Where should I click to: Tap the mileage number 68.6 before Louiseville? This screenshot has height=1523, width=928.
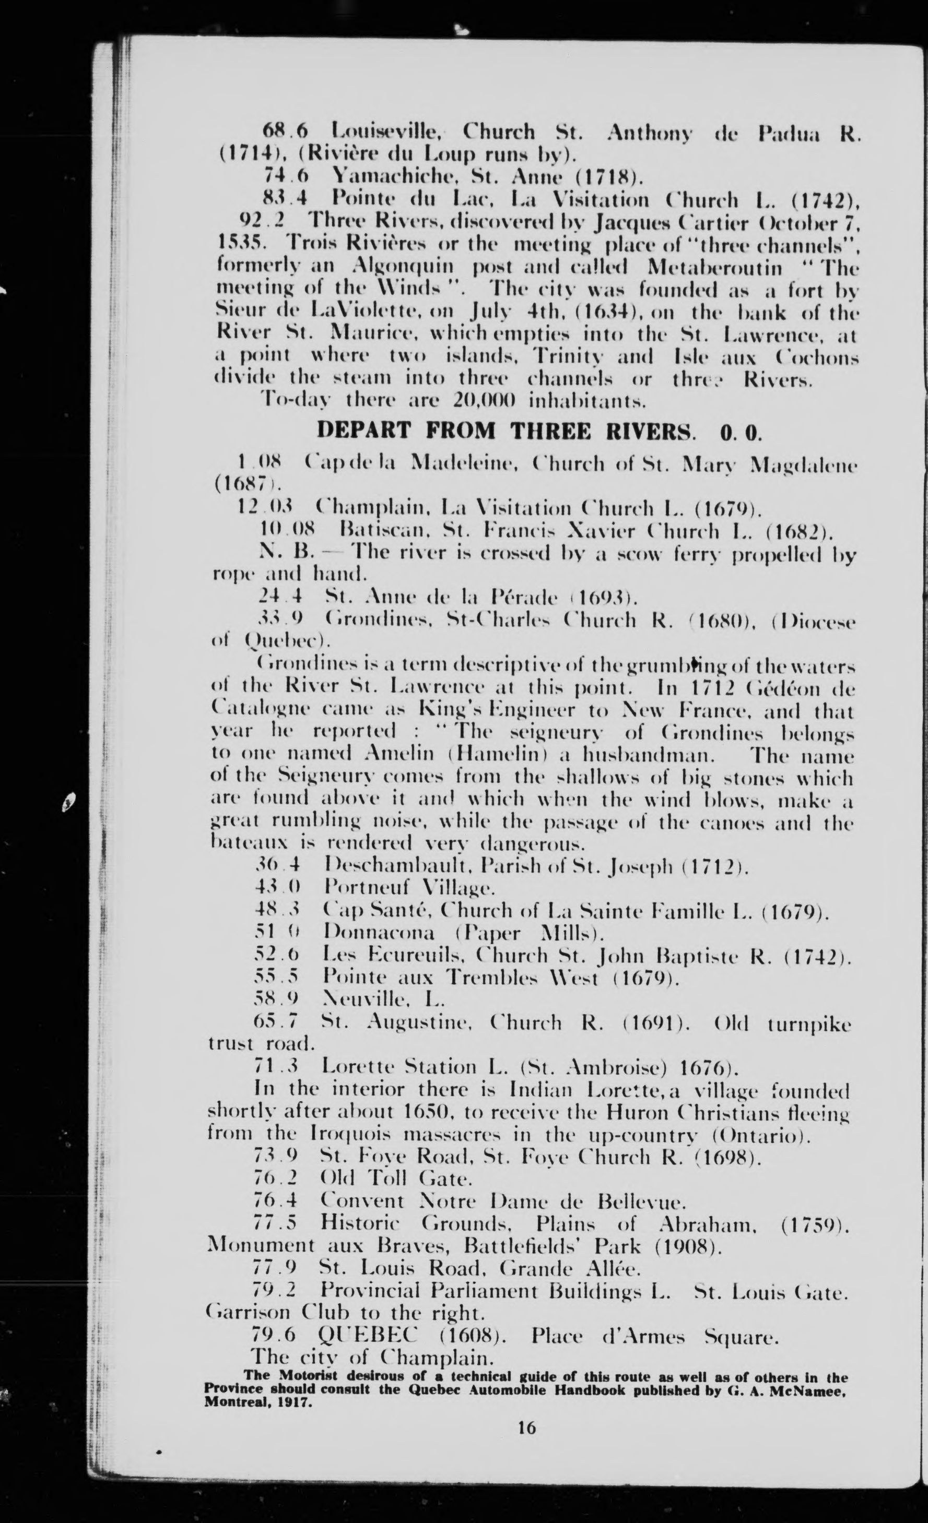coord(285,131)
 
